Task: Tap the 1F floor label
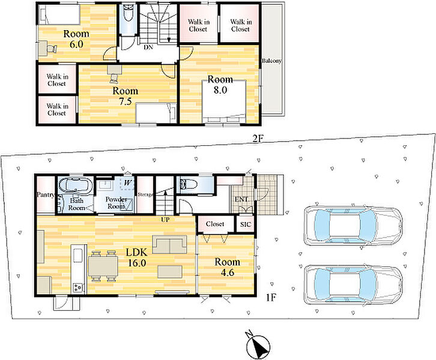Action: click(271, 298)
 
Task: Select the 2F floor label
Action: click(258, 139)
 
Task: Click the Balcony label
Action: click(271, 61)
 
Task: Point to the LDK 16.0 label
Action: click(136, 257)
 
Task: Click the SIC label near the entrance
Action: click(245, 224)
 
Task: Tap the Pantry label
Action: click(46, 195)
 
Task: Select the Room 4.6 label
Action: click(227, 267)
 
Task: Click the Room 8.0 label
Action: click(220, 85)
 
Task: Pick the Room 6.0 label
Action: click(76, 39)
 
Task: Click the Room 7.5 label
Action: click(125, 96)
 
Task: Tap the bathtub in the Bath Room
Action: click(75, 185)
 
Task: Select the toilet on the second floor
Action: click(129, 14)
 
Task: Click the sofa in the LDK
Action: click(169, 244)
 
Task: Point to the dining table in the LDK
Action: click(103, 266)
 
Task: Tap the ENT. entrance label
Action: click(241, 199)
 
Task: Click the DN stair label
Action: click(148, 47)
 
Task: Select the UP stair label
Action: click(165, 220)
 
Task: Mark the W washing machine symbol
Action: click(127, 183)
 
